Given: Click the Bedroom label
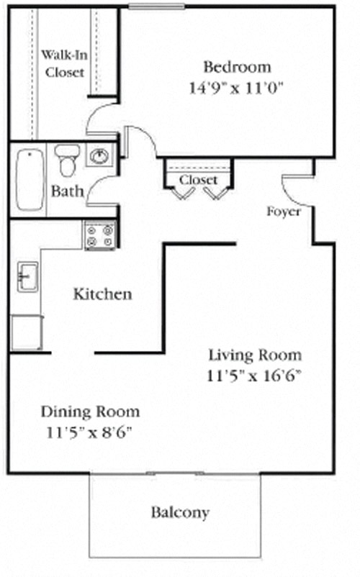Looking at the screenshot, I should click(x=238, y=68).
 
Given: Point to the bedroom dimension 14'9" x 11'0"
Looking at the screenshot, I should click(x=238, y=89).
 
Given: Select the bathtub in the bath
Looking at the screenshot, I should click(x=29, y=180).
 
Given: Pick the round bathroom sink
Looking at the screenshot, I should click(x=99, y=155).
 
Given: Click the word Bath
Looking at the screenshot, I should click(x=67, y=192).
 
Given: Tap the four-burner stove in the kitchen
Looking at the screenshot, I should click(x=100, y=235).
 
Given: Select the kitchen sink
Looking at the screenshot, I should click(x=27, y=276).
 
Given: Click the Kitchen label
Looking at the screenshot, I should click(x=103, y=294).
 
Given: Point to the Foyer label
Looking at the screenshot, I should click(x=283, y=212).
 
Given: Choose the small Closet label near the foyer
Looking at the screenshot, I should click(x=198, y=179).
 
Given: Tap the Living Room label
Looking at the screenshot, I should click(x=255, y=355).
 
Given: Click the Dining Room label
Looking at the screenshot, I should click(x=90, y=412).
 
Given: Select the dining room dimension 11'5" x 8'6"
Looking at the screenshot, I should click(x=90, y=433).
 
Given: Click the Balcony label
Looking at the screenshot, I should click(x=180, y=513).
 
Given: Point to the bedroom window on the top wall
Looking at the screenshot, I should click(x=156, y=7).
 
